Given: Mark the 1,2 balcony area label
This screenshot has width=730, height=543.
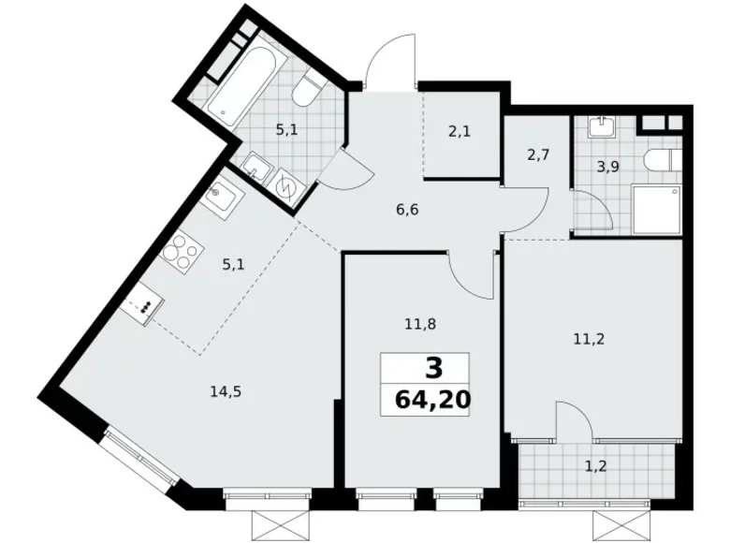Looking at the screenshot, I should click(595, 463).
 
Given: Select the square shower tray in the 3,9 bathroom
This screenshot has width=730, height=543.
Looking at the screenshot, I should click(651, 208).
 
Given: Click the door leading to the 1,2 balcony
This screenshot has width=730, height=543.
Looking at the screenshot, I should click(572, 420).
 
